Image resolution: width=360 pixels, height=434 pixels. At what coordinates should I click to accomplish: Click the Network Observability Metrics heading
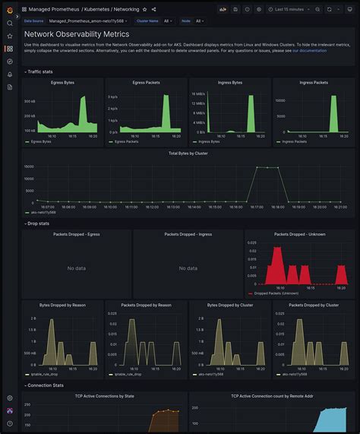(77, 34)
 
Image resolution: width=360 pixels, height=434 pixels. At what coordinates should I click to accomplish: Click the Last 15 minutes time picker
(294, 9)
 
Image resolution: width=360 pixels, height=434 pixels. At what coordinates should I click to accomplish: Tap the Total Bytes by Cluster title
(188, 153)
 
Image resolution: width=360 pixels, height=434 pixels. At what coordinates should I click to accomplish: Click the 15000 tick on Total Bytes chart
(29, 166)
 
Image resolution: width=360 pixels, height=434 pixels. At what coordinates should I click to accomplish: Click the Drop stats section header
(39, 223)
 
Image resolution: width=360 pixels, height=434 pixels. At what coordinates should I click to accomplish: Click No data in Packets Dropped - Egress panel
(76, 268)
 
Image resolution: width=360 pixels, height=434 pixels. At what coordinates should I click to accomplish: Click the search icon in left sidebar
(10, 23)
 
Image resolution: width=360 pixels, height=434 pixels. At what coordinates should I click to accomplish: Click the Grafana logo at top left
(10, 9)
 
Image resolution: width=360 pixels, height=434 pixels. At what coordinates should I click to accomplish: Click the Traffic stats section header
(42, 71)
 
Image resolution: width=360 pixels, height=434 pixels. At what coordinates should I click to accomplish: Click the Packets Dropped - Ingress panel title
(188, 234)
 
